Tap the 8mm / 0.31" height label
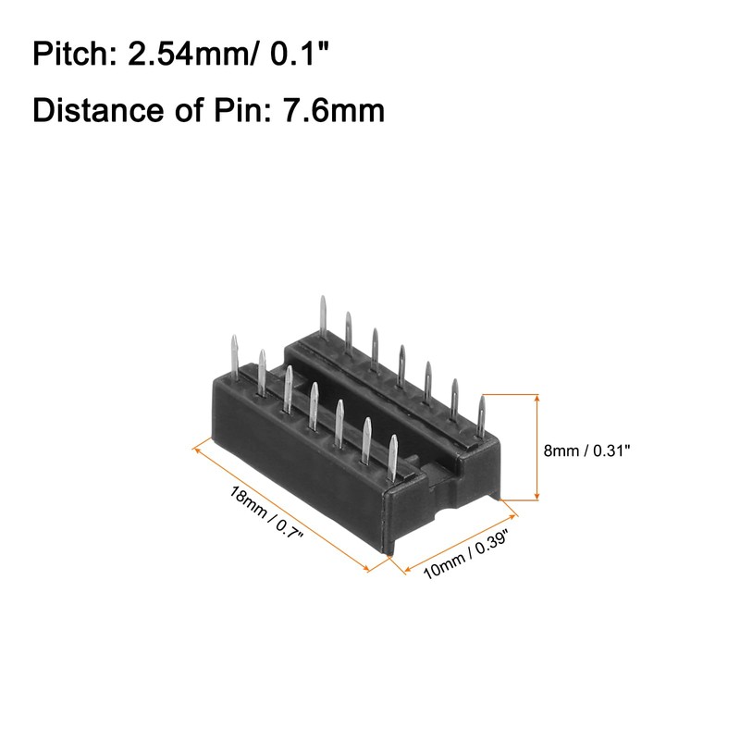(586, 450)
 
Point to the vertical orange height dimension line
(538, 448)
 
